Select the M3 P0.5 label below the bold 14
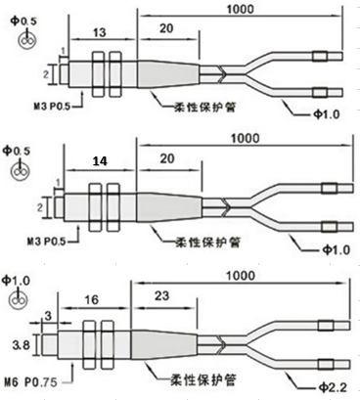(x=34, y=239)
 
